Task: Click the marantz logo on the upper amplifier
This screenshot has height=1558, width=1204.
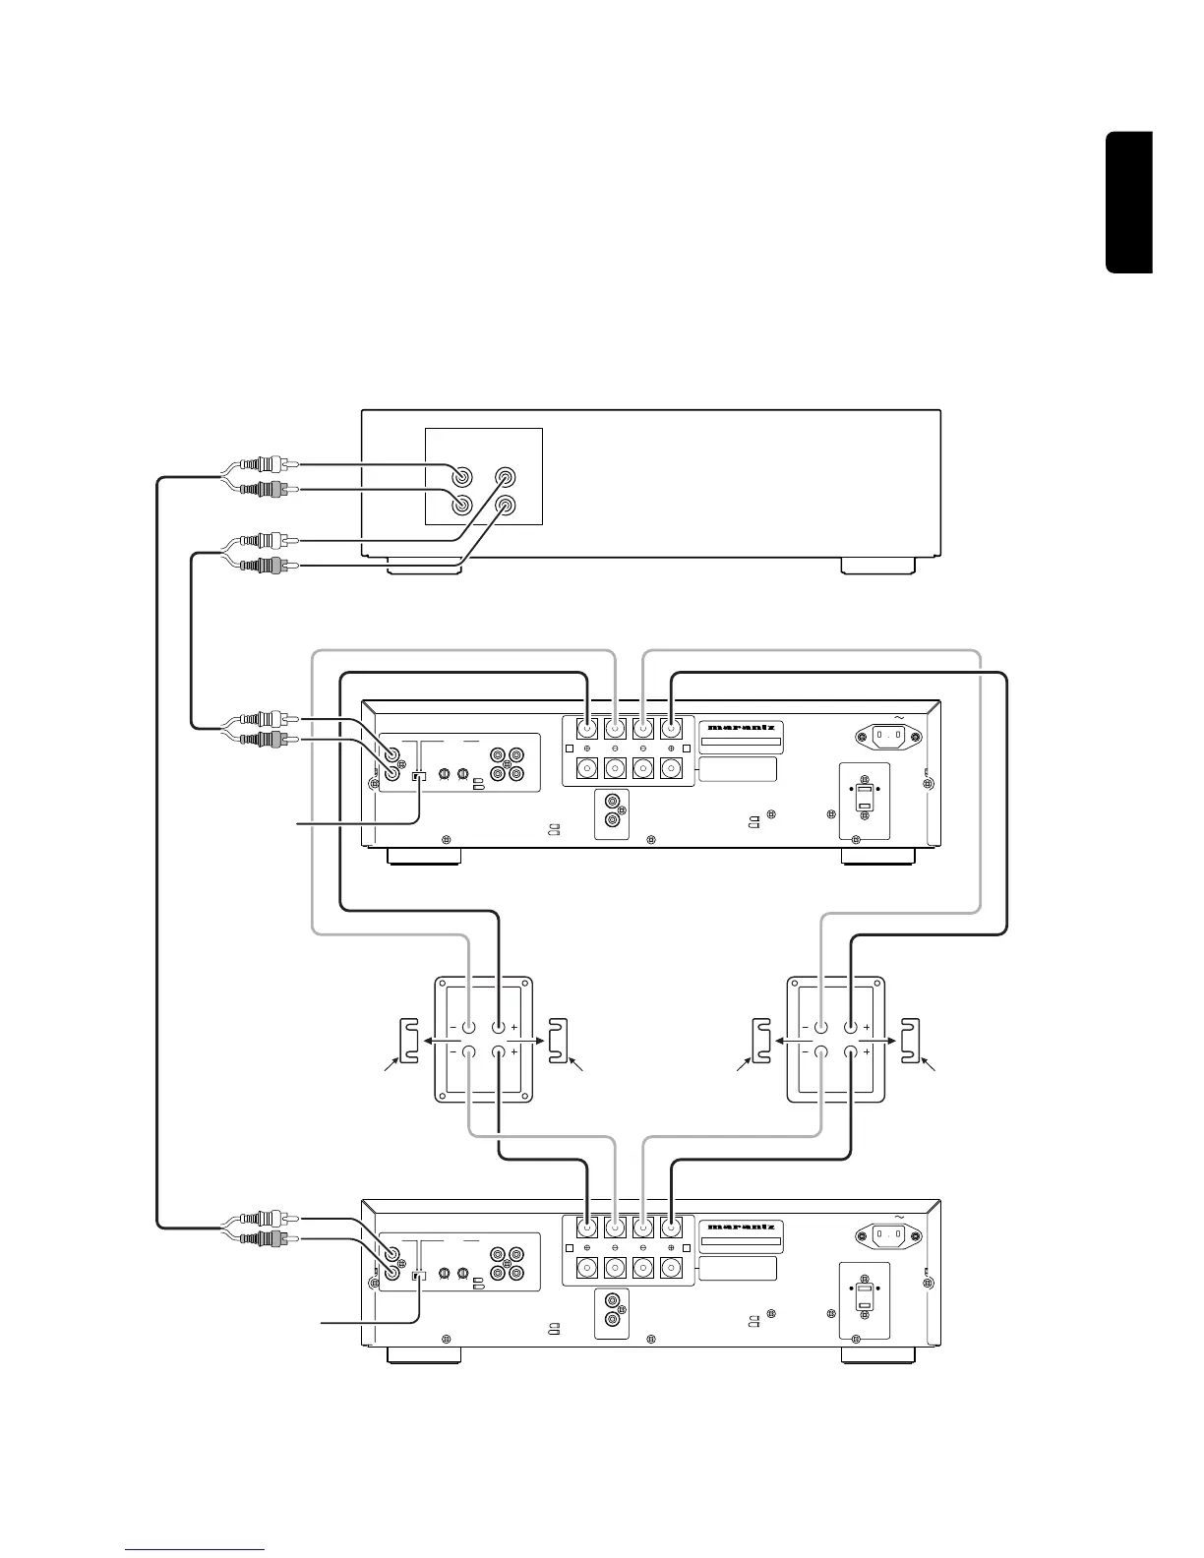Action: tap(741, 728)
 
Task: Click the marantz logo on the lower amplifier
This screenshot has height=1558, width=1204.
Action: tap(741, 1227)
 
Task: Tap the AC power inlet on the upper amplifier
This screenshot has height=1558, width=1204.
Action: tap(887, 734)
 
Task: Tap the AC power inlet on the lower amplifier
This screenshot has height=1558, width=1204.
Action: tap(887, 1232)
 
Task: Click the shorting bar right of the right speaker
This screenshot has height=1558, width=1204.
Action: tap(911, 1040)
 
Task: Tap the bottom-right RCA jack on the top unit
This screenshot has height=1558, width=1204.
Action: tap(506, 507)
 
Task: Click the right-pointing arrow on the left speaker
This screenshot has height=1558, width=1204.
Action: tap(531, 1040)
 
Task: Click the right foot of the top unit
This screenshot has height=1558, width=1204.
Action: tap(878, 566)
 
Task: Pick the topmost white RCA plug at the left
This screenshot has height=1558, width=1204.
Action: tap(267, 464)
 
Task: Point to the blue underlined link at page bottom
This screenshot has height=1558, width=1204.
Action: tap(196, 1550)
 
